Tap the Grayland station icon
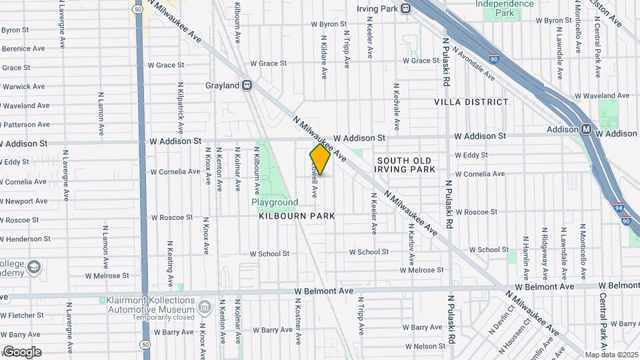(247, 85)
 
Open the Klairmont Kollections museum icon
(205, 308)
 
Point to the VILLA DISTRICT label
(471, 102)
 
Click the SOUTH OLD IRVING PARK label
(404, 165)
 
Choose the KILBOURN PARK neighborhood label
(297, 216)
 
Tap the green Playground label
(274, 202)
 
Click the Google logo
(21, 352)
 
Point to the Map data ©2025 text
(611, 355)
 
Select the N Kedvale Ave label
(396, 106)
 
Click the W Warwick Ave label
(23, 87)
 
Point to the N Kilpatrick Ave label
(180, 108)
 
